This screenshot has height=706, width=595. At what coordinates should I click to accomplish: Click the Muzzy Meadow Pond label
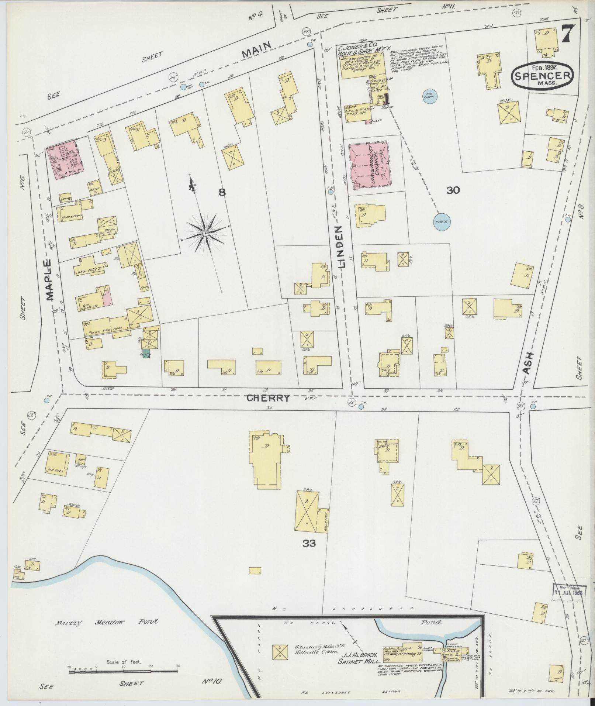107,622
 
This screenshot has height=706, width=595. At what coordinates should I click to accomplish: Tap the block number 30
453,190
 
